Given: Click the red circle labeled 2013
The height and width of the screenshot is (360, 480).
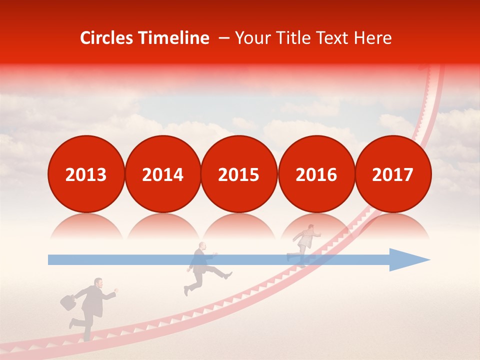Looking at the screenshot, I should click(x=86, y=174).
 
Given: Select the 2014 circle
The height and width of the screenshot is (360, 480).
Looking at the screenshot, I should click(x=162, y=174).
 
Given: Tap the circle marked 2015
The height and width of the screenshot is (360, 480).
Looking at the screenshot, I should click(x=239, y=174).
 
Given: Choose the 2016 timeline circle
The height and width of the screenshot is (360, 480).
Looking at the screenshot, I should click(x=316, y=174).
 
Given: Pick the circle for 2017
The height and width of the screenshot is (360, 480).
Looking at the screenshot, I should click(x=392, y=174).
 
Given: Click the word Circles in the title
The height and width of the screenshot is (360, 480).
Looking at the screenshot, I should click(x=107, y=38).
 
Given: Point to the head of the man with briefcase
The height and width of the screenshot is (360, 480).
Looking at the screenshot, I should click(x=98, y=283).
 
